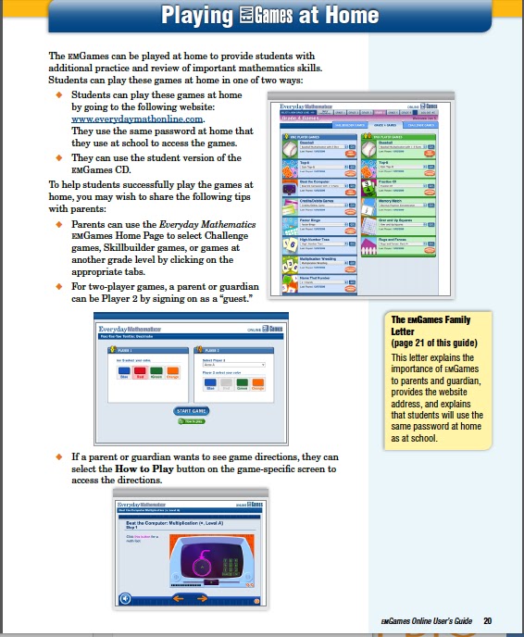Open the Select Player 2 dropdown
coord(233,365)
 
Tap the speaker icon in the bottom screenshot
coord(126,599)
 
